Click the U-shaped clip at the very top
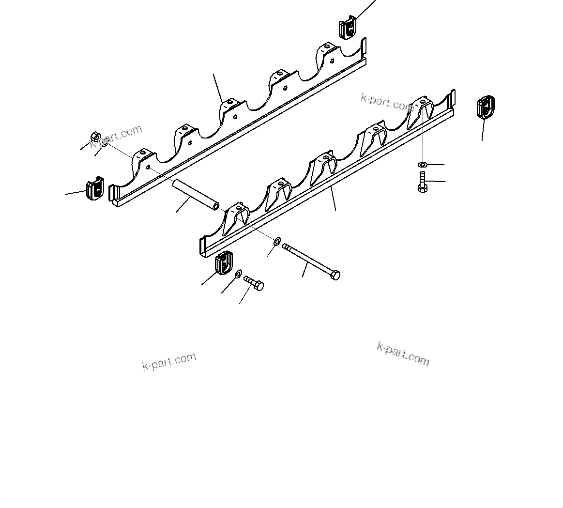(x=347, y=28)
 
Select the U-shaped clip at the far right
(x=486, y=107)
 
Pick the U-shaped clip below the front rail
(x=224, y=263)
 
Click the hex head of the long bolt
(x=335, y=275)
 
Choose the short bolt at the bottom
(x=255, y=283)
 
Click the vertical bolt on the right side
(x=422, y=182)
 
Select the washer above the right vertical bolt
(x=423, y=165)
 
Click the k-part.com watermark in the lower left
(x=169, y=361)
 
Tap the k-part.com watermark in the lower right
(x=403, y=354)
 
